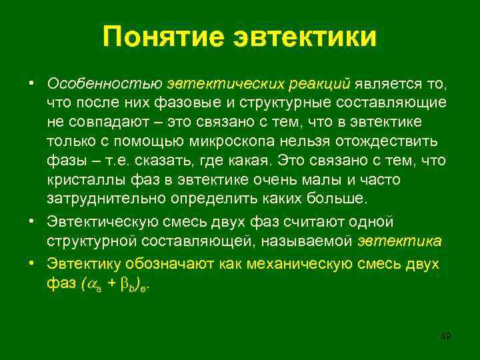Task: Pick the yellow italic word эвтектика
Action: [399, 241]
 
